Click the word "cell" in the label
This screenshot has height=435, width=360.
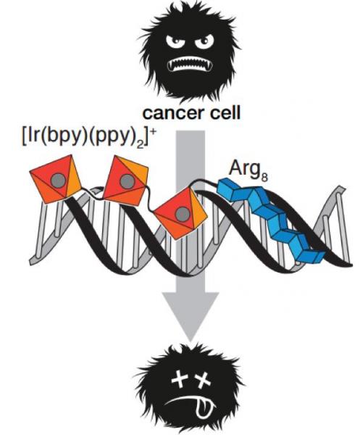click(225, 112)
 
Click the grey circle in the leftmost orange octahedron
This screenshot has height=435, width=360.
click(58, 181)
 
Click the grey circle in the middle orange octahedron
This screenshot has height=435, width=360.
click(127, 181)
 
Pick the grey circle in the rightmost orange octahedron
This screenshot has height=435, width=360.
click(183, 214)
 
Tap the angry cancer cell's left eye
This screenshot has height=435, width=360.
click(175, 41)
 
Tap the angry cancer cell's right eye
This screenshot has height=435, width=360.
click(204, 41)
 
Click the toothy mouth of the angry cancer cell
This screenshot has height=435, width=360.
click(190, 65)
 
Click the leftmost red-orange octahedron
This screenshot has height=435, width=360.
click(56, 180)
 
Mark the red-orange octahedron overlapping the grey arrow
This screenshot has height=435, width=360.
click(180, 212)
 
